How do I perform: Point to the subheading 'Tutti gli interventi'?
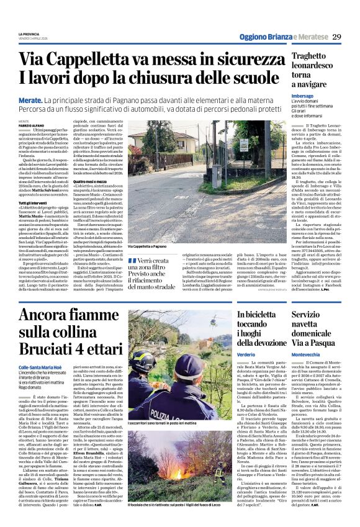32,203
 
